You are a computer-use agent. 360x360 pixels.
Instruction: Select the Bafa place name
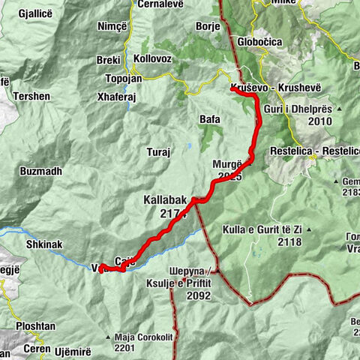(x=210, y=118)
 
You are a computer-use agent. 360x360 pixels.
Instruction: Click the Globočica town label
(x=258, y=43)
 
